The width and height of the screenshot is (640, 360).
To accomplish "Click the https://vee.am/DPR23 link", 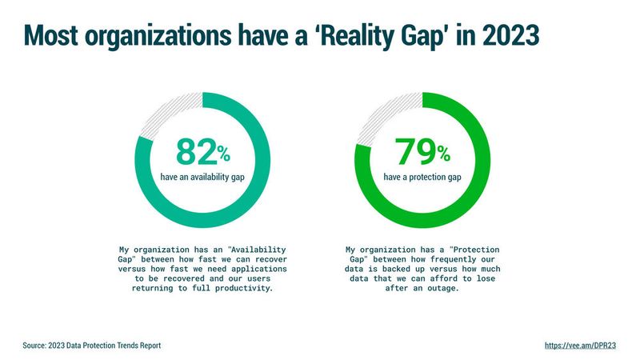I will click(x=580, y=346).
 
